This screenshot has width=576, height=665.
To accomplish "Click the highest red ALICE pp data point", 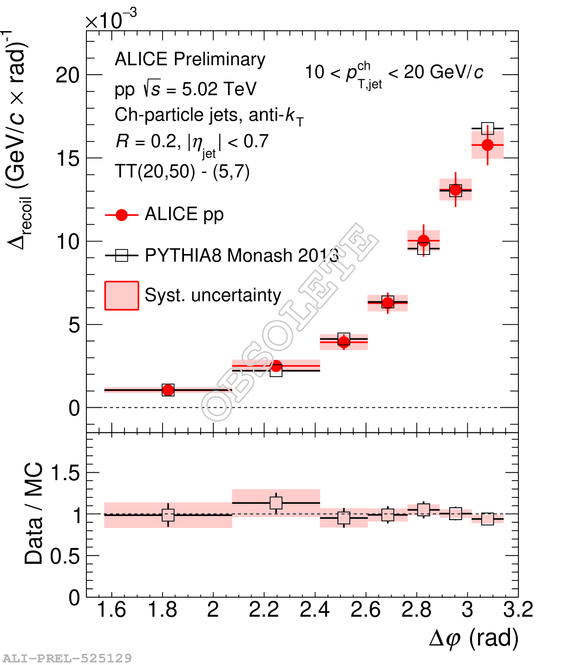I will coord(487,145).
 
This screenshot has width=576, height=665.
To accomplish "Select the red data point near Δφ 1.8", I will coord(168,390).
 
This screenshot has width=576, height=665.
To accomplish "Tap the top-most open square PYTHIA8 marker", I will coord(487,128).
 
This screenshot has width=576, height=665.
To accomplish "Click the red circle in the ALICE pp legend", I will coord(122,215).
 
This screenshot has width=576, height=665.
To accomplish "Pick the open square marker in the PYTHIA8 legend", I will coord(122,255).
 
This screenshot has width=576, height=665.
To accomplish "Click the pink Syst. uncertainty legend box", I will coord(122,295).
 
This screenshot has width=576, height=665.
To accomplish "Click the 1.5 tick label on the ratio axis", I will coord(65,473).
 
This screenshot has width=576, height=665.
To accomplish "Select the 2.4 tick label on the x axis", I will coord(314,610).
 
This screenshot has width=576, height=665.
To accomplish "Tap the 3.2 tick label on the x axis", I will coord(518,610).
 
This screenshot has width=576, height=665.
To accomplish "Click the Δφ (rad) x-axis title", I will coord(474,639).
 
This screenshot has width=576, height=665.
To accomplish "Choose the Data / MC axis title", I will coord(33,513).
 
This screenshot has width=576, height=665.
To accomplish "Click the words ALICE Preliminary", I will coord(190,59).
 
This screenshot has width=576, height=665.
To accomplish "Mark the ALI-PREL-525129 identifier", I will coord(67,658).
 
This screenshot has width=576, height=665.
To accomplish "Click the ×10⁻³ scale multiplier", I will coord(111,20).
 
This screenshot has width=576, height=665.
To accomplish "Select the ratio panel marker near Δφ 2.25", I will coord(276,502).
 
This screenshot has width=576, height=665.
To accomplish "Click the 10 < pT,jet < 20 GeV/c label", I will coord(394,73).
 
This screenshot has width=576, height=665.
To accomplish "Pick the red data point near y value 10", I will coord(423,241).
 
